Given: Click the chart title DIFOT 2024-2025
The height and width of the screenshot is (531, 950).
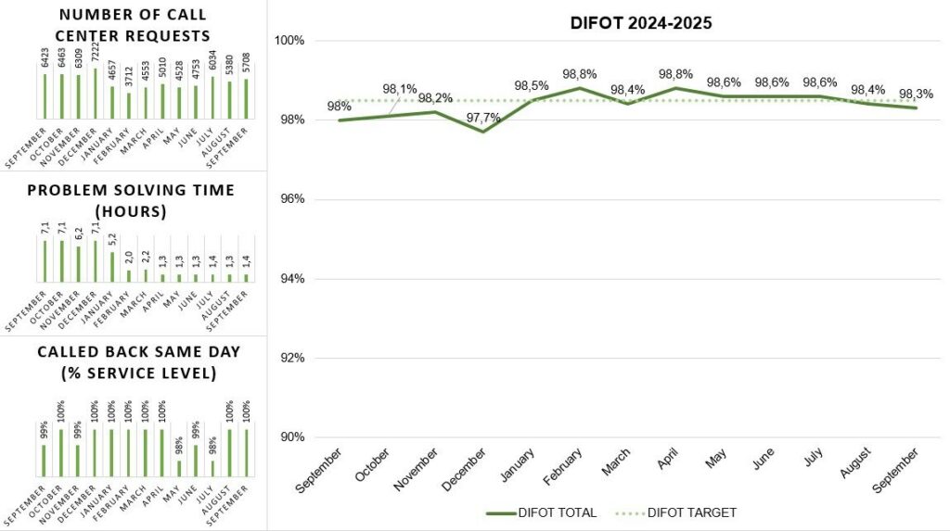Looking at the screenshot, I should [x=641, y=23].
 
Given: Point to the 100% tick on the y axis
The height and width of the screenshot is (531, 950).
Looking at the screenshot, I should [x=293, y=41].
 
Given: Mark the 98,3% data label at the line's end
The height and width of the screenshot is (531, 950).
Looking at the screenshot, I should [x=917, y=94].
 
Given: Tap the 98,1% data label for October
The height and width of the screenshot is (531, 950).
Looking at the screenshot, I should [x=400, y=89].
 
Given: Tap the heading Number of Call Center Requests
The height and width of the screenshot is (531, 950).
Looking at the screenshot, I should [x=132, y=26].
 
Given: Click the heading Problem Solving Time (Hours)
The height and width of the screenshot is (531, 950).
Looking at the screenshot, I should [x=134, y=200].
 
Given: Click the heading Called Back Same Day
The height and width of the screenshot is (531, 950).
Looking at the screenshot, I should [x=134, y=362].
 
